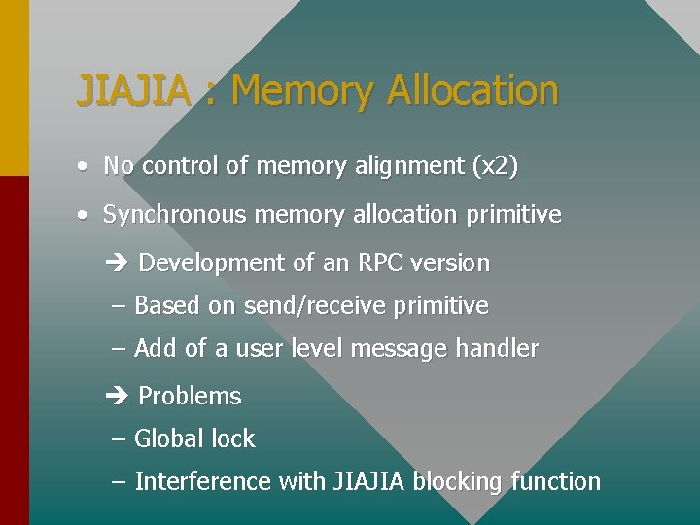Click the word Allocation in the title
(472, 90)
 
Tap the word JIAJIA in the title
(133, 90)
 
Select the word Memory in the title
(302, 90)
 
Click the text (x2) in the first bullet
(494, 166)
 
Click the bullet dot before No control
(86, 166)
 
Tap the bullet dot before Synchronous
(86, 215)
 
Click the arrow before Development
(115, 263)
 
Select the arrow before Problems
(115, 397)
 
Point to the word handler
(498, 349)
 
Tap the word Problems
(190, 397)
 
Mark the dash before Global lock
(119, 439)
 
